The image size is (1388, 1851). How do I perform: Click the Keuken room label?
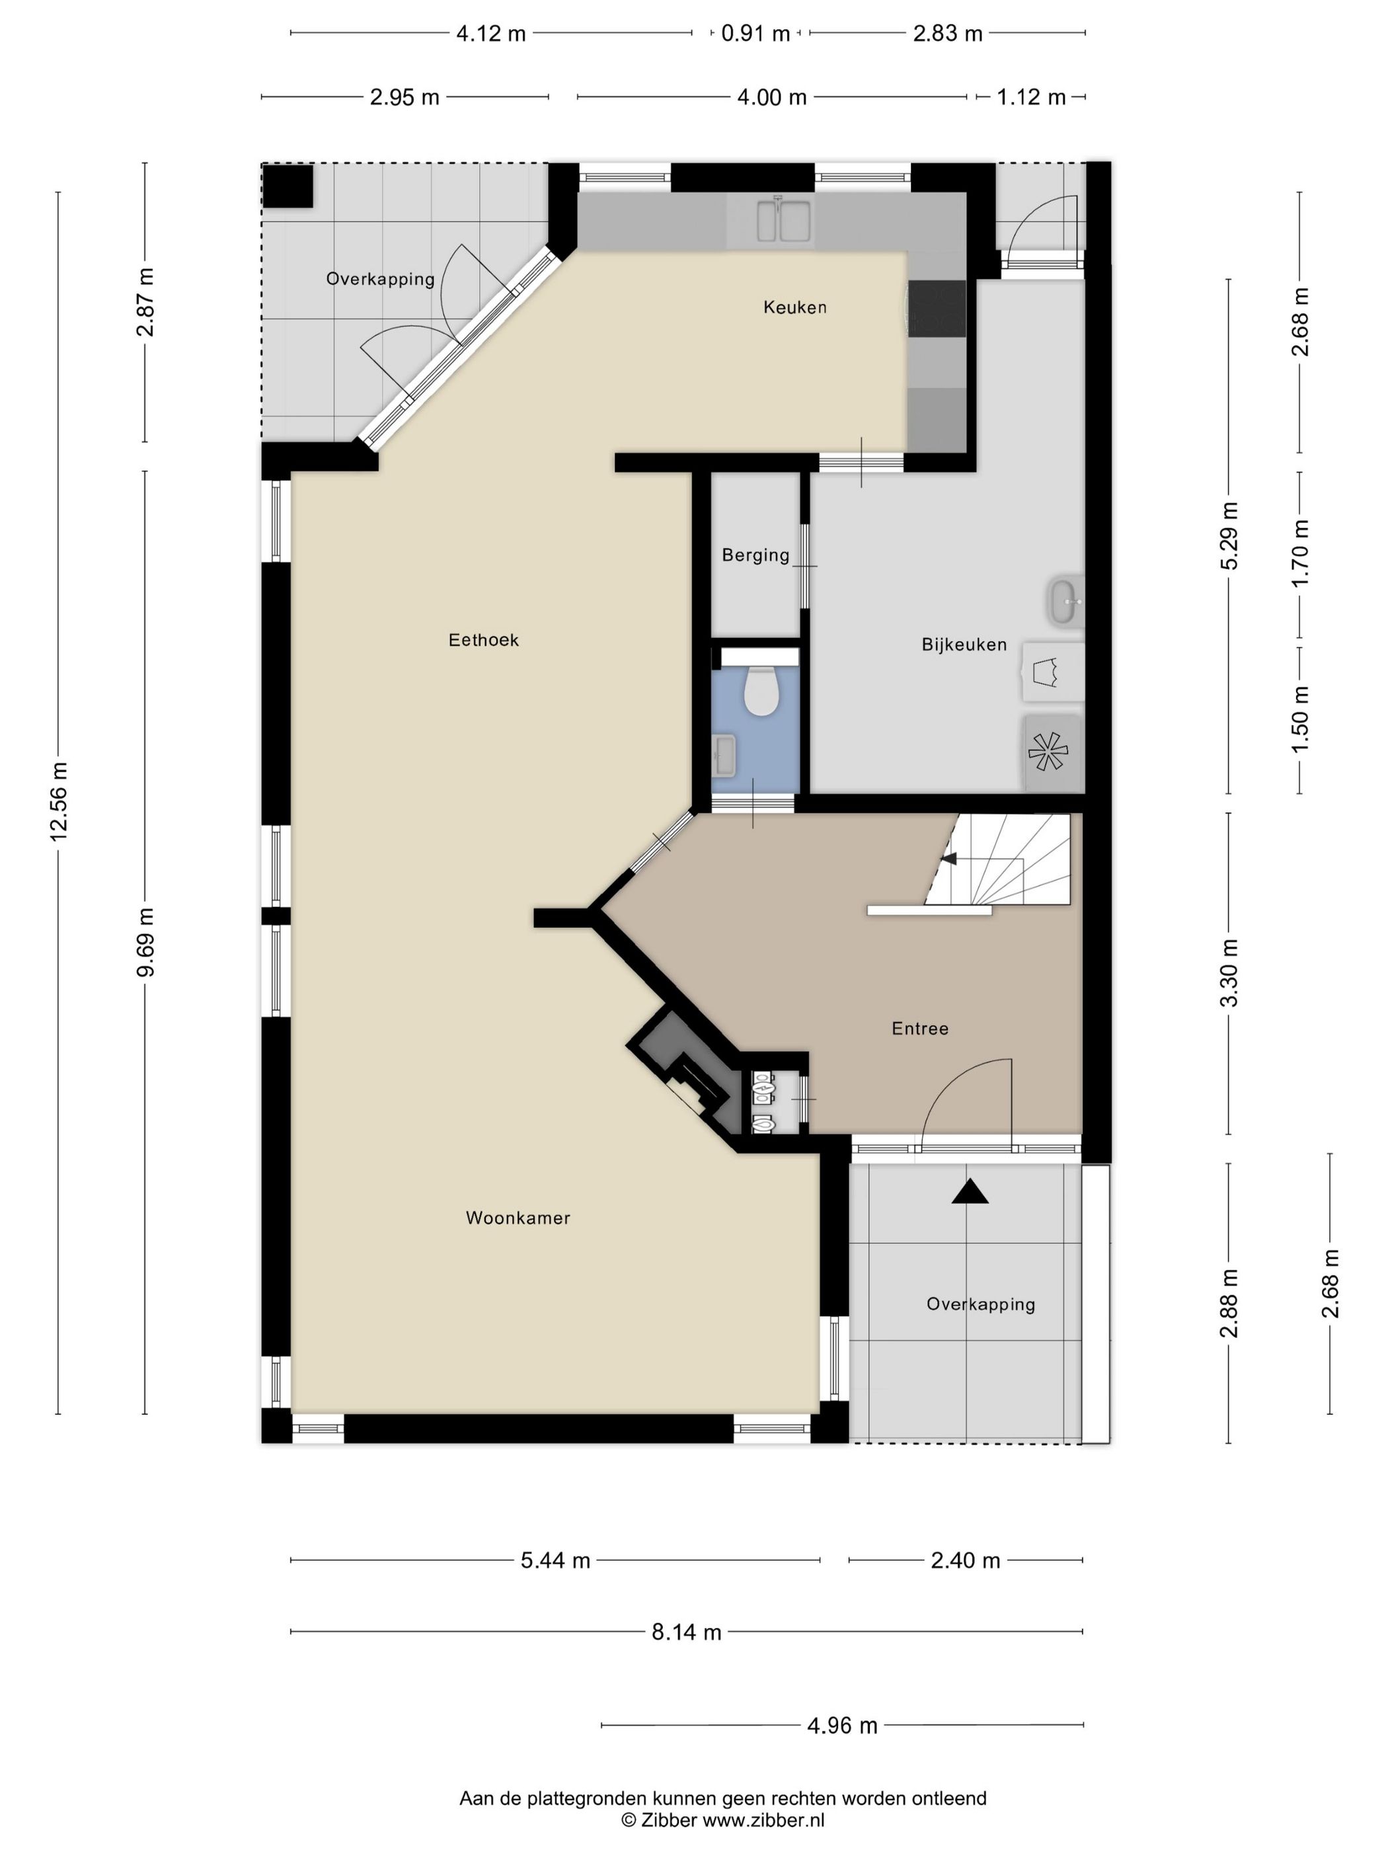(x=794, y=307)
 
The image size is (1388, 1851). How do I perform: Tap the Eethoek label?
(x=484, y=640)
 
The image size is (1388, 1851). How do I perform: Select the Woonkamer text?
(x=518, y=1218)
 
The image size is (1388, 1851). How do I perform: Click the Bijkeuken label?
(x=964, y=645)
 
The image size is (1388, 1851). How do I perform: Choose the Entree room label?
(x=920, y=1029)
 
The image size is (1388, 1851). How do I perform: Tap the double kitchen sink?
(x=783, y=220)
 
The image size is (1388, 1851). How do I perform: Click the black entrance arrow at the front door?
(x=970, y=1192)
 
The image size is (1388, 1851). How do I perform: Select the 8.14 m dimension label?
(x=686, y=1632)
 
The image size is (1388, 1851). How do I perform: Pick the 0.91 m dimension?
(x=755, y=34)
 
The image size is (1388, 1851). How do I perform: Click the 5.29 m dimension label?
(x=1228, y=535)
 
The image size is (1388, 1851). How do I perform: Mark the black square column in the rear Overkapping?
(x=288, y=186)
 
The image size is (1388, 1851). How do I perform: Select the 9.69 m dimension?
(x=145, y=942)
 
